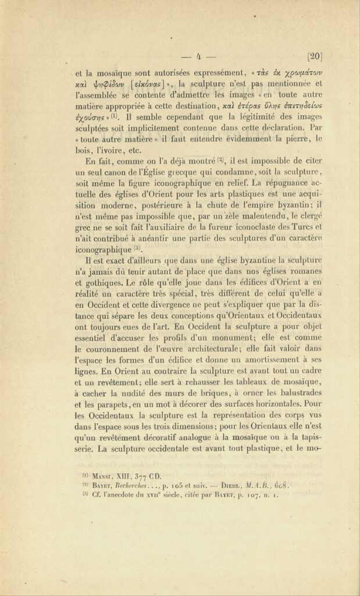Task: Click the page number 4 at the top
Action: pos(198,56)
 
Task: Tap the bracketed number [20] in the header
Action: pos(314,56)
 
